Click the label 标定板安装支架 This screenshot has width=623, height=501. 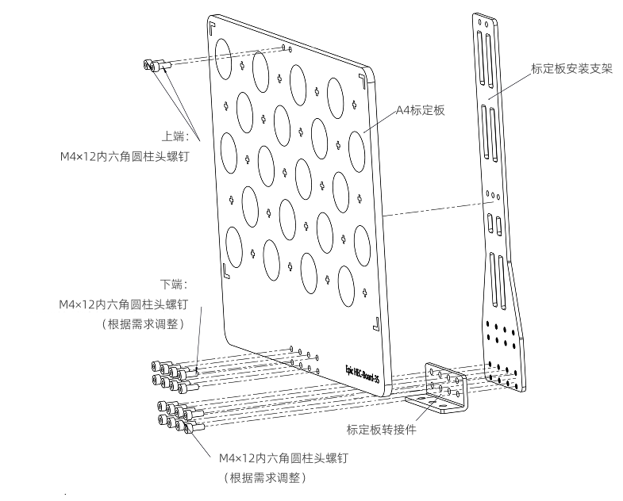(x=571, y=68)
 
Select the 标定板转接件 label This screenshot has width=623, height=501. (x=382, y=430)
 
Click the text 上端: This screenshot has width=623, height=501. (x=175, y=136)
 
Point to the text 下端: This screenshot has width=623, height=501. (x=174, y=283)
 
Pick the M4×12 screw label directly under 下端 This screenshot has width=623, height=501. (x=124, y=304)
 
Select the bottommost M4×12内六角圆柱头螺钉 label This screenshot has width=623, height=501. (x=283, y=458)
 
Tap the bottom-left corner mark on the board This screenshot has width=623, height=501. (x=227, y=272)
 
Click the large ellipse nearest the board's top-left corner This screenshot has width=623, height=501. (x=222, y=52)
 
